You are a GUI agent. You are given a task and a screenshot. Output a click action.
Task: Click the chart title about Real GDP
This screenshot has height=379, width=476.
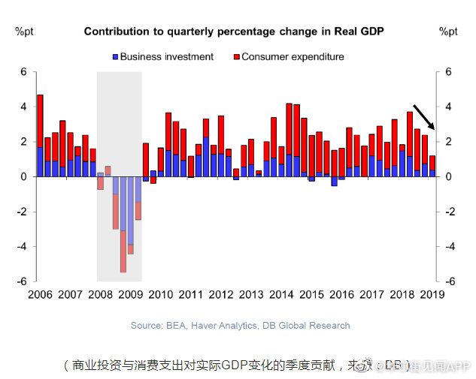(234, 32)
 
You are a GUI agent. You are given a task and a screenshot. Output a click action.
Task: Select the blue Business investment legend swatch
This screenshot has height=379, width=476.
(115, 57)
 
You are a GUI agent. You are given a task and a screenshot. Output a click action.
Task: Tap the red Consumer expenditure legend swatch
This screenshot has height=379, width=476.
(236, 57)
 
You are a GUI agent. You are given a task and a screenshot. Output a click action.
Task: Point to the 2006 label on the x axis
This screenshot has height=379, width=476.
(40, 294)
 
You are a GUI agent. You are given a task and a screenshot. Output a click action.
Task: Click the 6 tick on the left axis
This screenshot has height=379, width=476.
(23, 72)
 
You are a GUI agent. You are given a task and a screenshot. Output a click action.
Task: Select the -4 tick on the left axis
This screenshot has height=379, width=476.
(22, 246)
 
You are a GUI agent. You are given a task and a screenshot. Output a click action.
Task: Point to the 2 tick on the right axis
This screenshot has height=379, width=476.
(448, 142)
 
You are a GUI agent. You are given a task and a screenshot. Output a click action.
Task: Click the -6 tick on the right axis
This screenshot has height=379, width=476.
(450, 281)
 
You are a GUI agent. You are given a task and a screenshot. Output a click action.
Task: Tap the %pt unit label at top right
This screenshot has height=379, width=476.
(448, 32)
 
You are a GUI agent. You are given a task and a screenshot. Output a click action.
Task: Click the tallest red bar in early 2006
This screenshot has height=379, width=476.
(40, 121)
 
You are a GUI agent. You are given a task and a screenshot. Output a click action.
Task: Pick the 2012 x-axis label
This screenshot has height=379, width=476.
(220, 294)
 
